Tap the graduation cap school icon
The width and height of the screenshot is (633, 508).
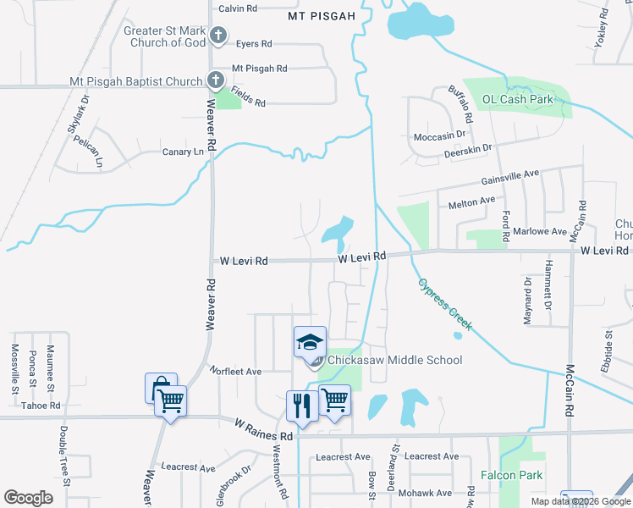coord(310,342)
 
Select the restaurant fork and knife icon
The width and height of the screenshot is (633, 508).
coord(301,405)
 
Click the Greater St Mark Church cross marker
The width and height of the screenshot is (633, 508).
coord(218,36)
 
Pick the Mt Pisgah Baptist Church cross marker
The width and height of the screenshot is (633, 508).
coord(216,82)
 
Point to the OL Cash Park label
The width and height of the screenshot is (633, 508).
coord(517,100)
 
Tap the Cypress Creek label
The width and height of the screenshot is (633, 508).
coord(444,304)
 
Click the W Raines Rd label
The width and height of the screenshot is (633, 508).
coord(263,428)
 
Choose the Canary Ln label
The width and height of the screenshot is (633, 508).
coord(184,152)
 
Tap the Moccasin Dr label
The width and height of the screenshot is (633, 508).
coord(440,135)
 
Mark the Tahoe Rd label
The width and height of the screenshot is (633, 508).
coord(41,406)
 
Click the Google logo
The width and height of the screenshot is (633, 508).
coord(28,498)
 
